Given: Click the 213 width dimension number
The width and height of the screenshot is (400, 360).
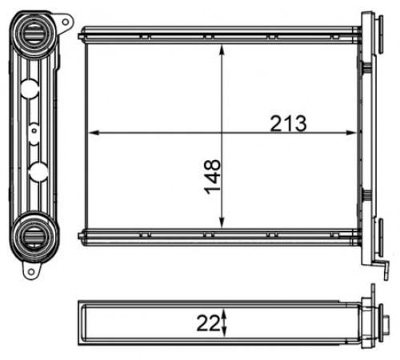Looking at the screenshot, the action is [288, 123].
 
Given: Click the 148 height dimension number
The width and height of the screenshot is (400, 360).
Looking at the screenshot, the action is [212, 177].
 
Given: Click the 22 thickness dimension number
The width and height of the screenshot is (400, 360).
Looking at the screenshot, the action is [209, 323].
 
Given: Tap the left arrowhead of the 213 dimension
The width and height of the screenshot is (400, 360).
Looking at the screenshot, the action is [94, 132].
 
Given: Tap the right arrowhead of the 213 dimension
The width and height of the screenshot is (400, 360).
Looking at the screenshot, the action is [350, 132].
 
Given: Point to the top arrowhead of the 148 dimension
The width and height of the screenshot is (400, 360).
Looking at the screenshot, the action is [222, 50].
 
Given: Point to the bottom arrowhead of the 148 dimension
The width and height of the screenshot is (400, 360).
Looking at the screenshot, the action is [222, 222].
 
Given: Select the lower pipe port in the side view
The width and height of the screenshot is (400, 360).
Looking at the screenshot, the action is [34, 235].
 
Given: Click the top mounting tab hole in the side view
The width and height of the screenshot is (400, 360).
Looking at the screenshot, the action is [66, 22].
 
